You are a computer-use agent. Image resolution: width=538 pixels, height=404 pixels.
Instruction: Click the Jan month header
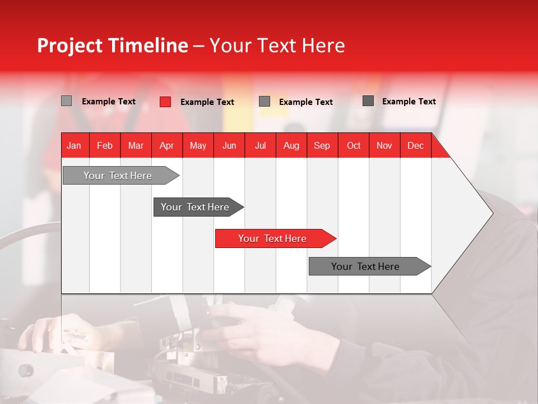coord(74,146)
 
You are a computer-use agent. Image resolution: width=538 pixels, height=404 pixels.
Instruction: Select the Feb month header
coord(105,146)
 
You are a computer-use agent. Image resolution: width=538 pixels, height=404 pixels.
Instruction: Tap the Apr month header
coord(166,146)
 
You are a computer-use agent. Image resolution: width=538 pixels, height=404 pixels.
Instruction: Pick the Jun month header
coord(229,146)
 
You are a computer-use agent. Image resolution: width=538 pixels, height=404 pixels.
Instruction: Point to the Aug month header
coord(291,146)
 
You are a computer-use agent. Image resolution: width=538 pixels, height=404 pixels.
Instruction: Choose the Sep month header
coord(322,146)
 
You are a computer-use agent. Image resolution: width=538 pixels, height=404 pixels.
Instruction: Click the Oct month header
coord(354,146)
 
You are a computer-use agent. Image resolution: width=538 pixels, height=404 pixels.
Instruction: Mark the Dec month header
coord(415,146)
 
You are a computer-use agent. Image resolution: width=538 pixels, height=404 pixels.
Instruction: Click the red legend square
coord(165,102)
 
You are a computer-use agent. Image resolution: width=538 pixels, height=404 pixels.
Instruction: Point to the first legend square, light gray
coord(67,101)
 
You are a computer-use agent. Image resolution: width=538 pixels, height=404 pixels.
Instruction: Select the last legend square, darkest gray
coord(368,101)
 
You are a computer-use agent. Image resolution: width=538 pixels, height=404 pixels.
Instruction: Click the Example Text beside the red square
coord(207,102)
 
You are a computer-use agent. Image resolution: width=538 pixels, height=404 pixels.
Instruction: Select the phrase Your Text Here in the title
coord(277,45)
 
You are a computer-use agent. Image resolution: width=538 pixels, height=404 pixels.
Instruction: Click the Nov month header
coord(384,146)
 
